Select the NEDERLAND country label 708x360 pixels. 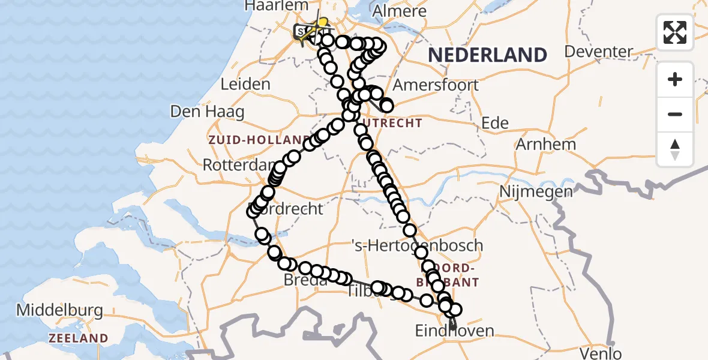pos(487,55)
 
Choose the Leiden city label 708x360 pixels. pos(245,84)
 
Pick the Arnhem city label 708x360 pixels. pos(546,144)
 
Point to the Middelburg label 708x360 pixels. pos(59,311)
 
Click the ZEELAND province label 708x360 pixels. pos(78,338)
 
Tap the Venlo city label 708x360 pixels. pos(601,353)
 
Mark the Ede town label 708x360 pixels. pos(496,123)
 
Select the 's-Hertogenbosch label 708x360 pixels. pos(417,245)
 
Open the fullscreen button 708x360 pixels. pos(675,32)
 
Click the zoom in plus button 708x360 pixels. pos(675,79)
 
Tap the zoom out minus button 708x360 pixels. pos(675,114)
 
